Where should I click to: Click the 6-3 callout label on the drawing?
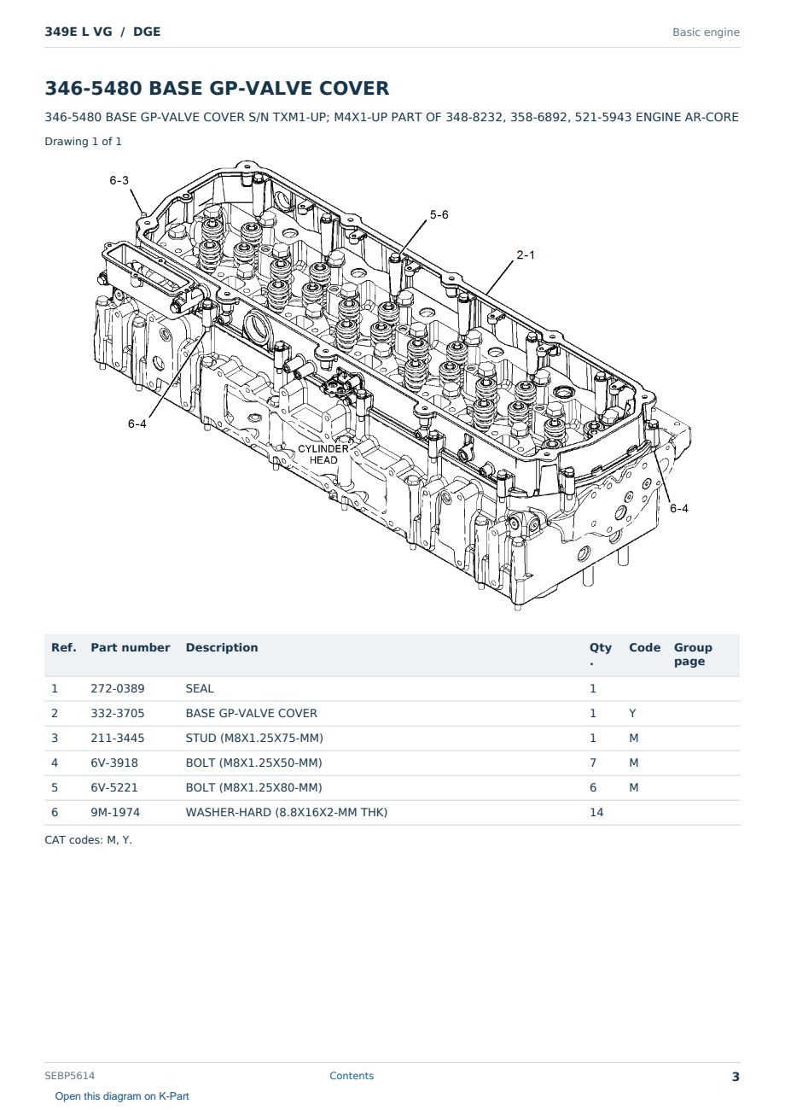pos(119,180)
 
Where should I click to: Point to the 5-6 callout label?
pos(439,214)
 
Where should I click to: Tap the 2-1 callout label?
pos(526,254)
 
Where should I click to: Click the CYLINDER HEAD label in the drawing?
pos(323,454)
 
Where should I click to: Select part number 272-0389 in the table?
pos(118,688)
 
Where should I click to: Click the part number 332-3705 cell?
pos(118,713)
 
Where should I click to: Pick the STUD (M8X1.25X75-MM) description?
pos(254,738)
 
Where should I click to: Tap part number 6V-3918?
pos(114,762)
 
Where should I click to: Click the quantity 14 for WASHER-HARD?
pos(596,812)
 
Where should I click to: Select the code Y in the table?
pos(632,713)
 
